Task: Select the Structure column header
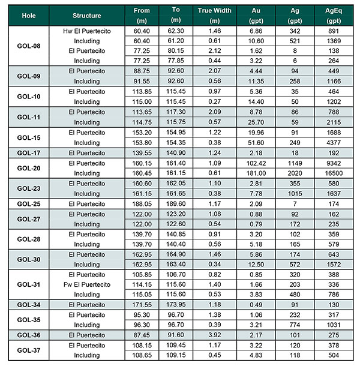point(87,14)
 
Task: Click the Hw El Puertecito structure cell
point(87,31)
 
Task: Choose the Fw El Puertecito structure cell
point(87,284)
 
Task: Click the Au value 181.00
point(256,173)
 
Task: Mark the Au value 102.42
point(256,163)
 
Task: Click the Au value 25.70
point(256,122)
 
